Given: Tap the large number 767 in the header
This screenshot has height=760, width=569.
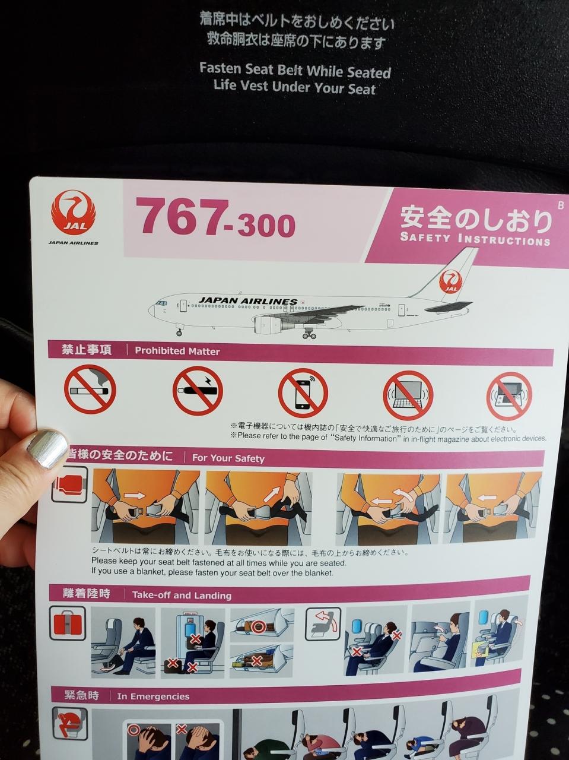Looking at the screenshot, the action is pyautogui.click(x=182, y=217).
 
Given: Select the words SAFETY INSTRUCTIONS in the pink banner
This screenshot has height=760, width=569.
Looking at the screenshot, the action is pyautogui.click(x=475, y=239).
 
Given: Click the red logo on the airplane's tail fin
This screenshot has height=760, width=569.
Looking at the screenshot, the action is pyautogui.click(x=450, y=281).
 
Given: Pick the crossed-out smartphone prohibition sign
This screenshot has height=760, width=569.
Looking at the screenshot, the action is pyautogui.click(x=303, y=392).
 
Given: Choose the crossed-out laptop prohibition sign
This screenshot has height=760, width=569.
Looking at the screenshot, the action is pyautogui.click(x=408, y=395).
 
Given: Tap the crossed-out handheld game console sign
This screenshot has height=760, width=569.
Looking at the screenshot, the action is pyautogui.click(x=509, y=396).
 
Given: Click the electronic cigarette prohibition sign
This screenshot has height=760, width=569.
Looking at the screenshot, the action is pyautogui.click(x=198, y=390).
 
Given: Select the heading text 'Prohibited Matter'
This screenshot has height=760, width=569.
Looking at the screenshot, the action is pyautogui.click(x=177, y=351).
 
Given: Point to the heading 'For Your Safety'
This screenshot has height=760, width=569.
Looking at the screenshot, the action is pyautogui.click(x=228, y=458).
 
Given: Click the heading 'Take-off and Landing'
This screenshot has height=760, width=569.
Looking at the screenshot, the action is pyautogui.click(x=182, y=595).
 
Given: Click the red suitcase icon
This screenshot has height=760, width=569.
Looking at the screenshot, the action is pyautogui.click(x=68, y=623).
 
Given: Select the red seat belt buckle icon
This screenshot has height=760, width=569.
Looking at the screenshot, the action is pyautogui.click(x=69, y=484).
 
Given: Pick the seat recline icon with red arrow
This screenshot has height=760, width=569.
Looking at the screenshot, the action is pyautogui.click(x=323, y=623).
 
